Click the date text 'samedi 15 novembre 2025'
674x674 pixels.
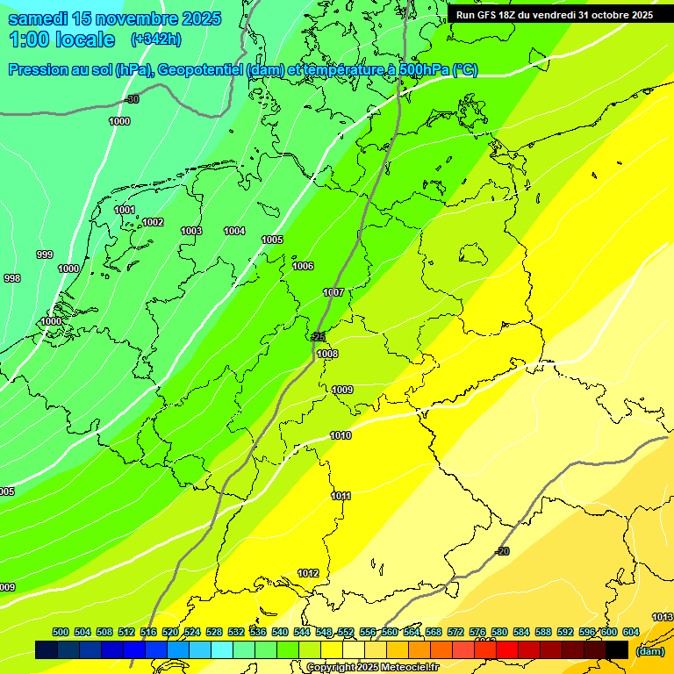pyautogui.click(x=114, y=18)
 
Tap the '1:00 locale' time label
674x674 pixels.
pyautogui.click(x=61, y=39)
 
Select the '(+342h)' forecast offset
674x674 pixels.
pyautogui.click(x=155, y=39)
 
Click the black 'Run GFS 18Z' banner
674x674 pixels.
pyautogui.click(x=554, y=15)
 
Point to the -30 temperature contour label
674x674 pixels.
pyautogui.click(x=132, y=99)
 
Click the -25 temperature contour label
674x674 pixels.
pyautogui.click(x=318, y=336)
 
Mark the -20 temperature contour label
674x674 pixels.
pyautogui.click(x=502, y=550)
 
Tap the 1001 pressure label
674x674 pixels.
pyautogui.click(x=125, y=210)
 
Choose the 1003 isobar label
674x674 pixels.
pyautogui.click(x=191, y=231)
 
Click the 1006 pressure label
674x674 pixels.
pyautogui.click(x=303, y=266)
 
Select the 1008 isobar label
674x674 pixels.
pyautogui.click(x=327, y=354)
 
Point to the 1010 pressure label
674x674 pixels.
pyautogui.click(x=341, y=435)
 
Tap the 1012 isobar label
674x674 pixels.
pyautogui.click(x=308, y=573)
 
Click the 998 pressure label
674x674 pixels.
pyautogui.click(x=12, y=278)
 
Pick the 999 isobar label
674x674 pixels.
pyautogui.click(x=44, y=255)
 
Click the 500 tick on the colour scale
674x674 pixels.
pyautogui.click(x=61, y=632)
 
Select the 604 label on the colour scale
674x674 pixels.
pyautogui.click(x=631, y=632)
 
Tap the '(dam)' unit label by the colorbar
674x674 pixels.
pyautogui.click(x=649, y=651)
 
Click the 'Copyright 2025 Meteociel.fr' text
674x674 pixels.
pyautogui.click(x=372, y=668)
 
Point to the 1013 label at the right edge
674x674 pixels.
pyautogui.click(x=663, y=617)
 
